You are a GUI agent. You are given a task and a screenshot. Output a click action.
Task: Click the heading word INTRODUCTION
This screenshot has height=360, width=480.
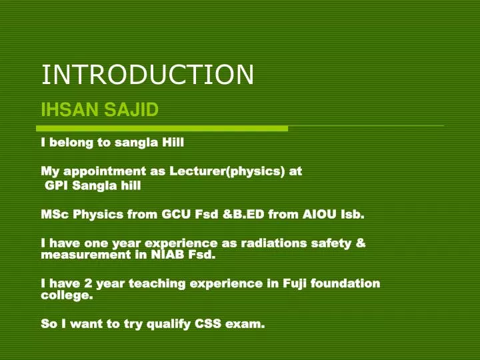click(147, 75)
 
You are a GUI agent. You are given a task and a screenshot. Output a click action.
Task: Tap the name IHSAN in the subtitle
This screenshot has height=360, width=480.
click(70, 109)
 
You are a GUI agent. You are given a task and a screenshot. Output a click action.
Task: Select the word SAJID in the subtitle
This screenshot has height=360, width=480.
click(131, 109)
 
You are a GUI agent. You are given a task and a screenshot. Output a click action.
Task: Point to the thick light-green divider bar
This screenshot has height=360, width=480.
click(162, 129)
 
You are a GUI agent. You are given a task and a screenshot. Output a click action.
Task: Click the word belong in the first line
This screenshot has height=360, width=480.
click(71, 143)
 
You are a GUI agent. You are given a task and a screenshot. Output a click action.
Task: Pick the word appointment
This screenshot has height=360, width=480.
click(105, 171)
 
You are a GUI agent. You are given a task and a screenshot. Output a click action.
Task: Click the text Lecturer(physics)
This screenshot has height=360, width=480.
click(227, 171)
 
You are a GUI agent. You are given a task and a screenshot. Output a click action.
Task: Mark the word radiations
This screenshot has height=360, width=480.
click(274, 243)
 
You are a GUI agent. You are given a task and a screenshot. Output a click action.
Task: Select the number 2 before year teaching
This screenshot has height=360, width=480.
click(88, 283)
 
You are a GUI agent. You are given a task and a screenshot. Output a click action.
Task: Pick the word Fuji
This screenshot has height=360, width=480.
click(295, 284)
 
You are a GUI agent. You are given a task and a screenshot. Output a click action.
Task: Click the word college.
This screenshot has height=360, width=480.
click(67, 296)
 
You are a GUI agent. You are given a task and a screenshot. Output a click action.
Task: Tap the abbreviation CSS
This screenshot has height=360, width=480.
click(208, 323)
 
